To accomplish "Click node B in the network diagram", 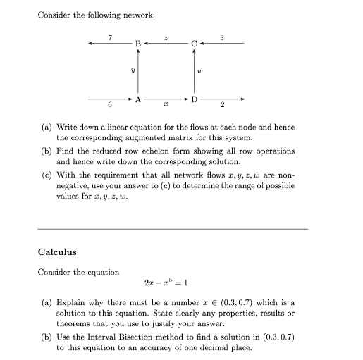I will pyautogui.click(x=138, y=44).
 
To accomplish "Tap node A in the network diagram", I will pyautogui.click(x=138, y=99).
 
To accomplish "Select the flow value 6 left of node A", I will pyautogui.click(x=109, y=106).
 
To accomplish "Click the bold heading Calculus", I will pyautogui.click(x=57, y=252).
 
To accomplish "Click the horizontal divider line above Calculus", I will pyautogui.click(x=172, y=229).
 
